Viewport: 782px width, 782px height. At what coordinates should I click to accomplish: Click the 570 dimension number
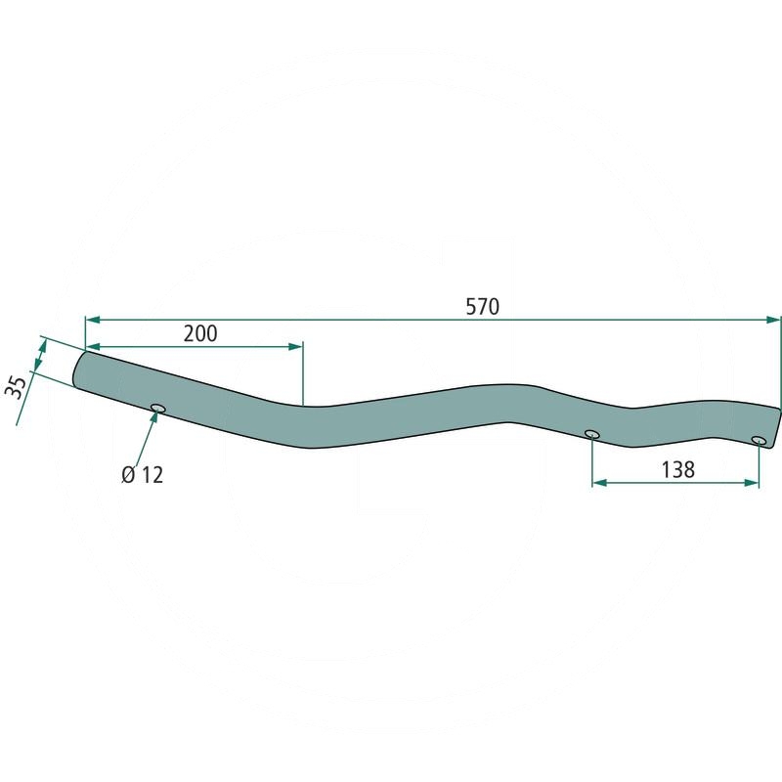click(x=482, y=307)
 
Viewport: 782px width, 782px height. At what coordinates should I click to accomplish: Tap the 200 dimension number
click(x=200, y=333)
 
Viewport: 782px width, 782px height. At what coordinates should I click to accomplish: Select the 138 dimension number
click(x=677, y=470)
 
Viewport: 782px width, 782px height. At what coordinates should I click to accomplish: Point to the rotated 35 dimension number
click(x=17, y=387)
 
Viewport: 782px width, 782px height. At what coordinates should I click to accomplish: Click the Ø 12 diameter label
click(x=143, y=475)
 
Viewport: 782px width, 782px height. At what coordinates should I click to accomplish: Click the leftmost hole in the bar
click(x=158, y=409)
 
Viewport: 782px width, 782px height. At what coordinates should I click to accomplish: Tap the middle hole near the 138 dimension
click(x=592, y=433)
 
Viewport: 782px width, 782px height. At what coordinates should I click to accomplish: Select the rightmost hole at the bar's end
click(x=759, y=440)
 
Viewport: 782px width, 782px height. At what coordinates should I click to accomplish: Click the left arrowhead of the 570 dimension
click(x=93, y=320)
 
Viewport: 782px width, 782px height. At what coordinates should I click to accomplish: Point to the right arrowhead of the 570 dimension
click(x=772, y=320)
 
